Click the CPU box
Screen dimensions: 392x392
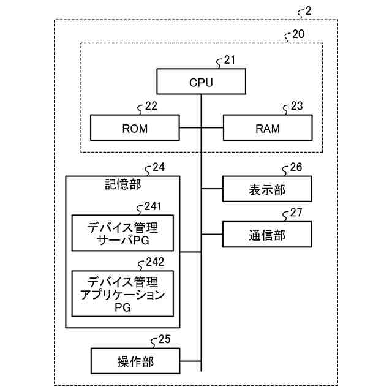tap(202, 81)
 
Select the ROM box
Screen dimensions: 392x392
tap(135, 128)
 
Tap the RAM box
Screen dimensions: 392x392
tap(268, 128)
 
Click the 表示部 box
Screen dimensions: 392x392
tap(267, 189)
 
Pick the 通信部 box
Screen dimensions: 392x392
tap(267, 234)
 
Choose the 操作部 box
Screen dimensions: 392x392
tap(135, 361)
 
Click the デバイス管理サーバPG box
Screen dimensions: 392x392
tap(123, 233)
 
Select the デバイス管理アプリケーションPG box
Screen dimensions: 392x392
tap(123, 294)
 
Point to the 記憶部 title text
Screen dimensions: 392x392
tap(123, 184)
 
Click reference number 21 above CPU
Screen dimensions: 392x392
tap(230, 60)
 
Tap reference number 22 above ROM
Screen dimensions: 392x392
tap(151, 106)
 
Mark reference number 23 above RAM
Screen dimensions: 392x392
tap(296, 106)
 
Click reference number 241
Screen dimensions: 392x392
tap(153, 206)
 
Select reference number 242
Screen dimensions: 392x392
tap(155, 262)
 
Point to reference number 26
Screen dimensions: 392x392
tap(296, 167)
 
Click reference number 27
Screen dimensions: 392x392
tap(296, 213)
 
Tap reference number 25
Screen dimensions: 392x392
tap(165, 339)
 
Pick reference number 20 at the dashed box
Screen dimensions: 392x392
tap(298, 34)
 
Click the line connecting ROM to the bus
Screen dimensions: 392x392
tap(190, 128)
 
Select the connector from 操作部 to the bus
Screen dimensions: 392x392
tap(190, 361)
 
